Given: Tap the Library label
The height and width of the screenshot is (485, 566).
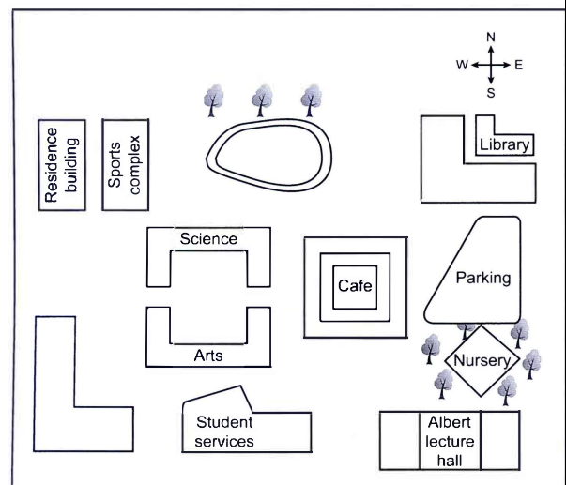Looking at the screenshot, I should coord(504,145).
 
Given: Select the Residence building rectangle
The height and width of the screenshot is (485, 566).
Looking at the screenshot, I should coord(62,165).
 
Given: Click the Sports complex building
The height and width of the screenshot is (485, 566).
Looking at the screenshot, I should coord(126,165).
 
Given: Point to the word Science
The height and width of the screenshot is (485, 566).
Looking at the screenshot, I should coord(209,240).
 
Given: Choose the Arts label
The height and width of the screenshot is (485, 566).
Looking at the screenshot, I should coord(208,355).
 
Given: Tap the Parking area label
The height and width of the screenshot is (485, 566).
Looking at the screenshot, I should coord(482,279).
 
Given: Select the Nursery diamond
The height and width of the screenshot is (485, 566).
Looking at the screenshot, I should coord(481,360).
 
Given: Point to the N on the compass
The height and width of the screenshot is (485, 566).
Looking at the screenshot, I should coord(490,38).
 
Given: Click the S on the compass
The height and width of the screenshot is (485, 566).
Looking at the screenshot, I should coord(490,93).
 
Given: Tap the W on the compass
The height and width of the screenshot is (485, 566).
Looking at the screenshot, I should coord(462,66).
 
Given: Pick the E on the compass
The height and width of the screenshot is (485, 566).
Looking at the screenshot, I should coord(519,66).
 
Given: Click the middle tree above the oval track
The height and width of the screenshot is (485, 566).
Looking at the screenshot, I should coord(264,99).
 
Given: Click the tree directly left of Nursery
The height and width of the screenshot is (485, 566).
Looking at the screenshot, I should coord(431,349).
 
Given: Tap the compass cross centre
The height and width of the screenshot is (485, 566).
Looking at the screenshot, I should coord(490,66).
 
